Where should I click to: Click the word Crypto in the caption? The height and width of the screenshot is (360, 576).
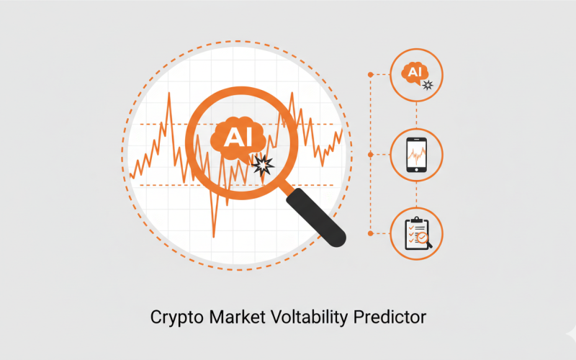pos(173,318)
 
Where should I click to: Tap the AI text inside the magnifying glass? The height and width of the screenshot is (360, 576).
pos(235,137)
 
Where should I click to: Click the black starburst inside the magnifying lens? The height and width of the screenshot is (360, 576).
pos(264,166)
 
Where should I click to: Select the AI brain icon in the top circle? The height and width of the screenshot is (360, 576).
pos(414,72)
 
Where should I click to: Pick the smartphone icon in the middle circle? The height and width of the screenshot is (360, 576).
pos(416,154)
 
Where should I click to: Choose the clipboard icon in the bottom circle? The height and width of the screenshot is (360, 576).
pos(415,233)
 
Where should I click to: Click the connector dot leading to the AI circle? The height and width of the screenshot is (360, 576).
pos(370,74)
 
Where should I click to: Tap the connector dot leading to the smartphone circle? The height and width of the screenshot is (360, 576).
pos(370,154)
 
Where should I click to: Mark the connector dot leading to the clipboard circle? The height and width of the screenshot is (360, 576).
pos(370,233)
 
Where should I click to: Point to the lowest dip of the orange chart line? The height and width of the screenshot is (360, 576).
pos(214,236)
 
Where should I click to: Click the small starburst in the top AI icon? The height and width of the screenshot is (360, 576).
pos(428,85)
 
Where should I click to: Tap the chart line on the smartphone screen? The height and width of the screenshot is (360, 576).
pos(416,153)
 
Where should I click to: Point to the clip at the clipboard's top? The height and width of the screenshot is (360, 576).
pos(415,218)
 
